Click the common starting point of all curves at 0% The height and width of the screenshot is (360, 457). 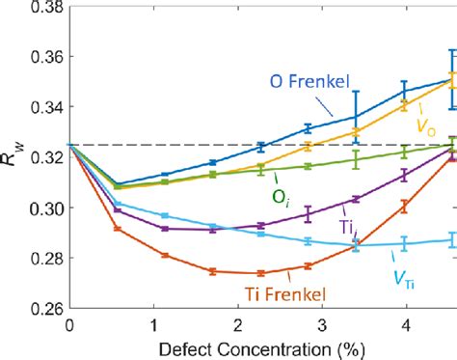click(x=69, y=145)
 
